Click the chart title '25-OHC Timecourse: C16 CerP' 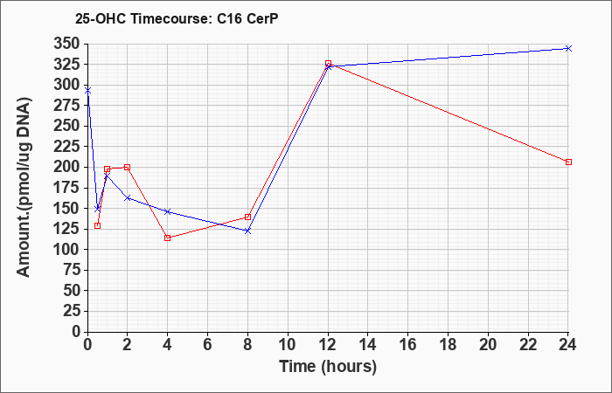point(177,19)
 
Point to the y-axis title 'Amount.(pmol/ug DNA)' point(24,187)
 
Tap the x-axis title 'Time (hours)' point(328,367)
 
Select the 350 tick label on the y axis point(67,44)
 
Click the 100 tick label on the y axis point(67,249)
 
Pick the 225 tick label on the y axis point(67,147)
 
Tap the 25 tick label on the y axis point(72,311)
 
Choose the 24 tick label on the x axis point(567,345)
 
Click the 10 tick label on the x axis point(288,345)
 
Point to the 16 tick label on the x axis point(408,345)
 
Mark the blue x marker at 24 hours point(568,48)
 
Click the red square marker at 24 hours point(568,162)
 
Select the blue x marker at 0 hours point(87,91)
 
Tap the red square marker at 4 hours point(168,238)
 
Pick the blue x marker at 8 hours point(247,231)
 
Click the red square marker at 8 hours point(247,217)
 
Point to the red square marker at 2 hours point(128,168)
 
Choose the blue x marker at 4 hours point(168,211)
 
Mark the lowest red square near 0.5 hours point(98,225)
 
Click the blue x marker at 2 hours point(128,198)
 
